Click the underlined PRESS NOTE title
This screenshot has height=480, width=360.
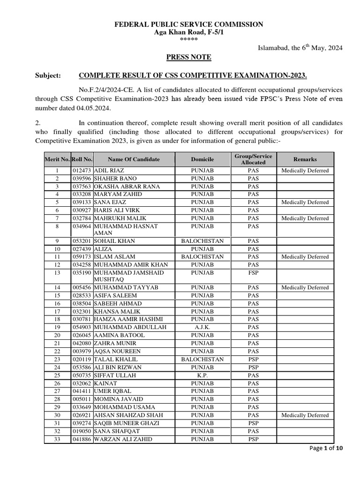click(189, 57)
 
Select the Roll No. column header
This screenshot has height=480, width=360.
click(82, 159)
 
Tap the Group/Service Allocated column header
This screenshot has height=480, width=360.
click(253, 159)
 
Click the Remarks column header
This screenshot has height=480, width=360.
click(305, 159)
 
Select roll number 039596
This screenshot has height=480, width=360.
click(82, 179)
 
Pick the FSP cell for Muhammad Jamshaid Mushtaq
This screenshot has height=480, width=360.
click(253, 273)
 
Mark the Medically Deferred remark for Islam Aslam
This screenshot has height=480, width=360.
click(305, 257)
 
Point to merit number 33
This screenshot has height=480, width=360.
click(57, 439)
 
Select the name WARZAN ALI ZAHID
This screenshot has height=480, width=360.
click(123, 439)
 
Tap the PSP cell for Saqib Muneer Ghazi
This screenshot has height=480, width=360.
click(253, 423)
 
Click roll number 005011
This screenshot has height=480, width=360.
click(82, 399)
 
